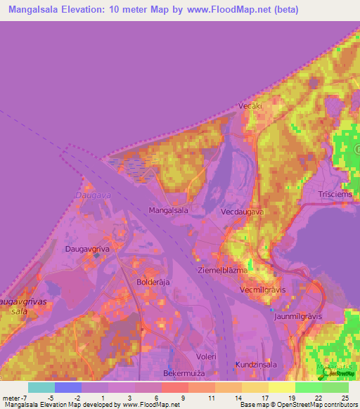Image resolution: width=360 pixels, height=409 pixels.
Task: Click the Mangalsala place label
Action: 169,210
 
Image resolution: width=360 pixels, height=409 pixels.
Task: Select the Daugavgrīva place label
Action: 88,249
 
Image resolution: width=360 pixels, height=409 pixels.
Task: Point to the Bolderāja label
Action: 154,282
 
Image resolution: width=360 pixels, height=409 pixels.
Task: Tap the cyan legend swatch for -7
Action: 41,387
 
